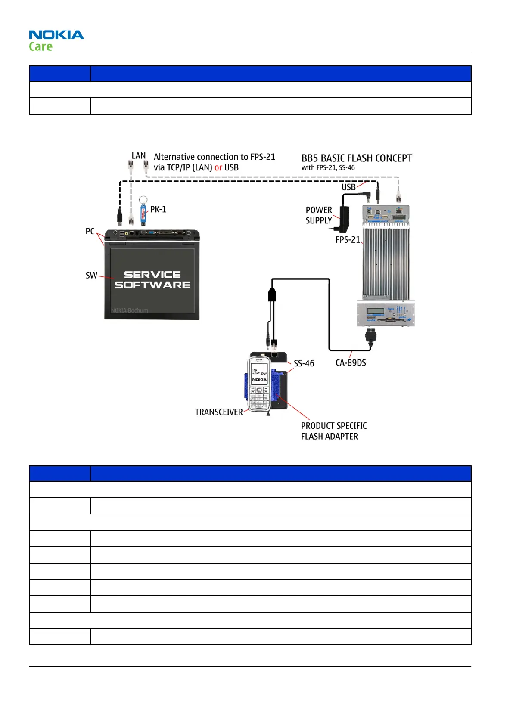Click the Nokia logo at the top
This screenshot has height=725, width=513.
pyautogui.click(x=56, y=35)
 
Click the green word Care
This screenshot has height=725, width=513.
pyautogui.click(x=41, y=46)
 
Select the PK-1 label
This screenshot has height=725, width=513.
pyautogui.click(x=158, y=210)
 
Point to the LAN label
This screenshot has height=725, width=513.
pyautogui.click(x=139, y=156)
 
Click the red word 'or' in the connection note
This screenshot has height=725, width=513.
pyautogui.click(x=218, y=167)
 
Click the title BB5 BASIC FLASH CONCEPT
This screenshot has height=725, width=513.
pyautogui.click(x=357, y=158)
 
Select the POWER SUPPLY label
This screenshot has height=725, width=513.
pyautogui.click(x=319, y=215)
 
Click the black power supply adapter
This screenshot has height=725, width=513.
pyautogui.click(x=345, y=218)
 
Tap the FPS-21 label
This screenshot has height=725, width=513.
pyautogui.click(x=348, y=240)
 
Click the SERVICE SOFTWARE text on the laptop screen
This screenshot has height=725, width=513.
pyautogui.click(x=152, y=280)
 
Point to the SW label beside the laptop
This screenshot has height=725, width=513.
pyautogui.click(x=91, y=276)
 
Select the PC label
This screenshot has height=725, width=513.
pyautogui.click(x=90, y=231)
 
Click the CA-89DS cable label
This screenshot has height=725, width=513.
pyautogui.click(x=351, y=363)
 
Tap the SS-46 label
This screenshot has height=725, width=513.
pyautogui.click(x=304, y=363)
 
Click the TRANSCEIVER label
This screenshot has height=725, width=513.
pyautogui.click(x=219, y=412)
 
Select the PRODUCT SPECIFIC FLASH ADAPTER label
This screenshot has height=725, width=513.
pyautogui.click(x=333, y=431)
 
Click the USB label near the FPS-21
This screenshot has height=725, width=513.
pyautogui.click(x=348, y=187)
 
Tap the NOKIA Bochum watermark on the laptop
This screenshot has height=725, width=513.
pyautogui.click(x=130, y=310)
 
